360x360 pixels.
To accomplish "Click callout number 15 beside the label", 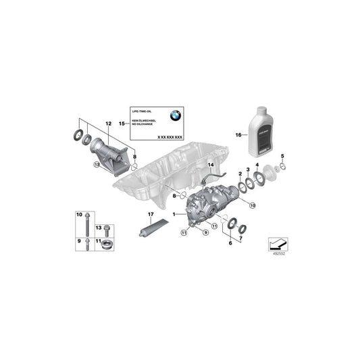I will point(122,124).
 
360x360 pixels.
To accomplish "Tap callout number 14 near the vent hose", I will point(209,165).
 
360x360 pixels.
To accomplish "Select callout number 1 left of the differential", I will point(173,215).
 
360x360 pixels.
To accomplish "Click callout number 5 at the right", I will point(282,157).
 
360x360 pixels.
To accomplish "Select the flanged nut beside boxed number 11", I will point(107,244).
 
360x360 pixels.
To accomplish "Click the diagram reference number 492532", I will point(277,255).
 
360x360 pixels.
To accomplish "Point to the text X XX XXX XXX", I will point(170,136).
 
